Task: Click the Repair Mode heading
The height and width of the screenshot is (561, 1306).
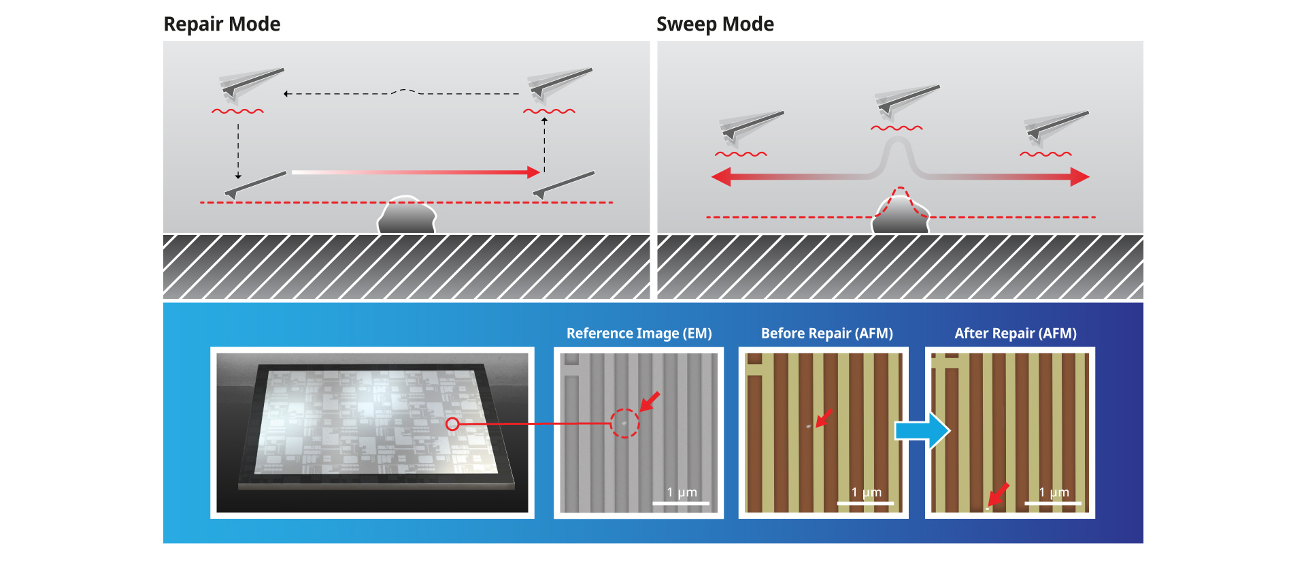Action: click(x=222, y=24)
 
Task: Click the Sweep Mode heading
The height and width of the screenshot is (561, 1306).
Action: click(x=715, y=24)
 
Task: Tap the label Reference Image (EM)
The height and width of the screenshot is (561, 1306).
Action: click(x=639, y=333)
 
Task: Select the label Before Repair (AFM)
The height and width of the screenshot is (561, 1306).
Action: click(x=826, y=333)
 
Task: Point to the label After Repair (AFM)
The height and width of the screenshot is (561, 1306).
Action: click(x=1015, y=333)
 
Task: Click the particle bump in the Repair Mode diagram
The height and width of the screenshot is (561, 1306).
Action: click(x=407, y=216)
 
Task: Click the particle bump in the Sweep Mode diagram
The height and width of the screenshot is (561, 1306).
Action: click(x=900, y=217)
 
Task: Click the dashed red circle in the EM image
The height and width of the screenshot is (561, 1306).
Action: click(x=624, y=423)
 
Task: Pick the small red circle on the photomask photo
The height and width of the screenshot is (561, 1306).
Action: click(x=452, y=424)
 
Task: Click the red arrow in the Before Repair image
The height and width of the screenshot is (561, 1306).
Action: click(x=824, y=417)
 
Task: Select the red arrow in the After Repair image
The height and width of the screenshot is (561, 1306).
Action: click(x=999, y=494)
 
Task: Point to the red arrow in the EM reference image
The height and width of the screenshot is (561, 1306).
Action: click(x=650, y=401)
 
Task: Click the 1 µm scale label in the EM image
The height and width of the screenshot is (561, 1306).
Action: click(x=682, y=492)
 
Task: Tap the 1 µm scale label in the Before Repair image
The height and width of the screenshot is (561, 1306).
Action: click(x=866, y=492)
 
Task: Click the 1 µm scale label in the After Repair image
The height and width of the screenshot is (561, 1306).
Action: click(x=1054, y=492)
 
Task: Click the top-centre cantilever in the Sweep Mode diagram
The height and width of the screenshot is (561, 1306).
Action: click(x=907, y=99)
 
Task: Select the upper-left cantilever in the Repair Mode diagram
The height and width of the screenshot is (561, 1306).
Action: click(x=251, y=83)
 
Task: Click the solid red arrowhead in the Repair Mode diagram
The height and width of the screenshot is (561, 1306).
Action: click(x=533, y=172)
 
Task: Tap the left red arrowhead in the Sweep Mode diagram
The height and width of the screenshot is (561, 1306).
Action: click(x=721, y=177)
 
